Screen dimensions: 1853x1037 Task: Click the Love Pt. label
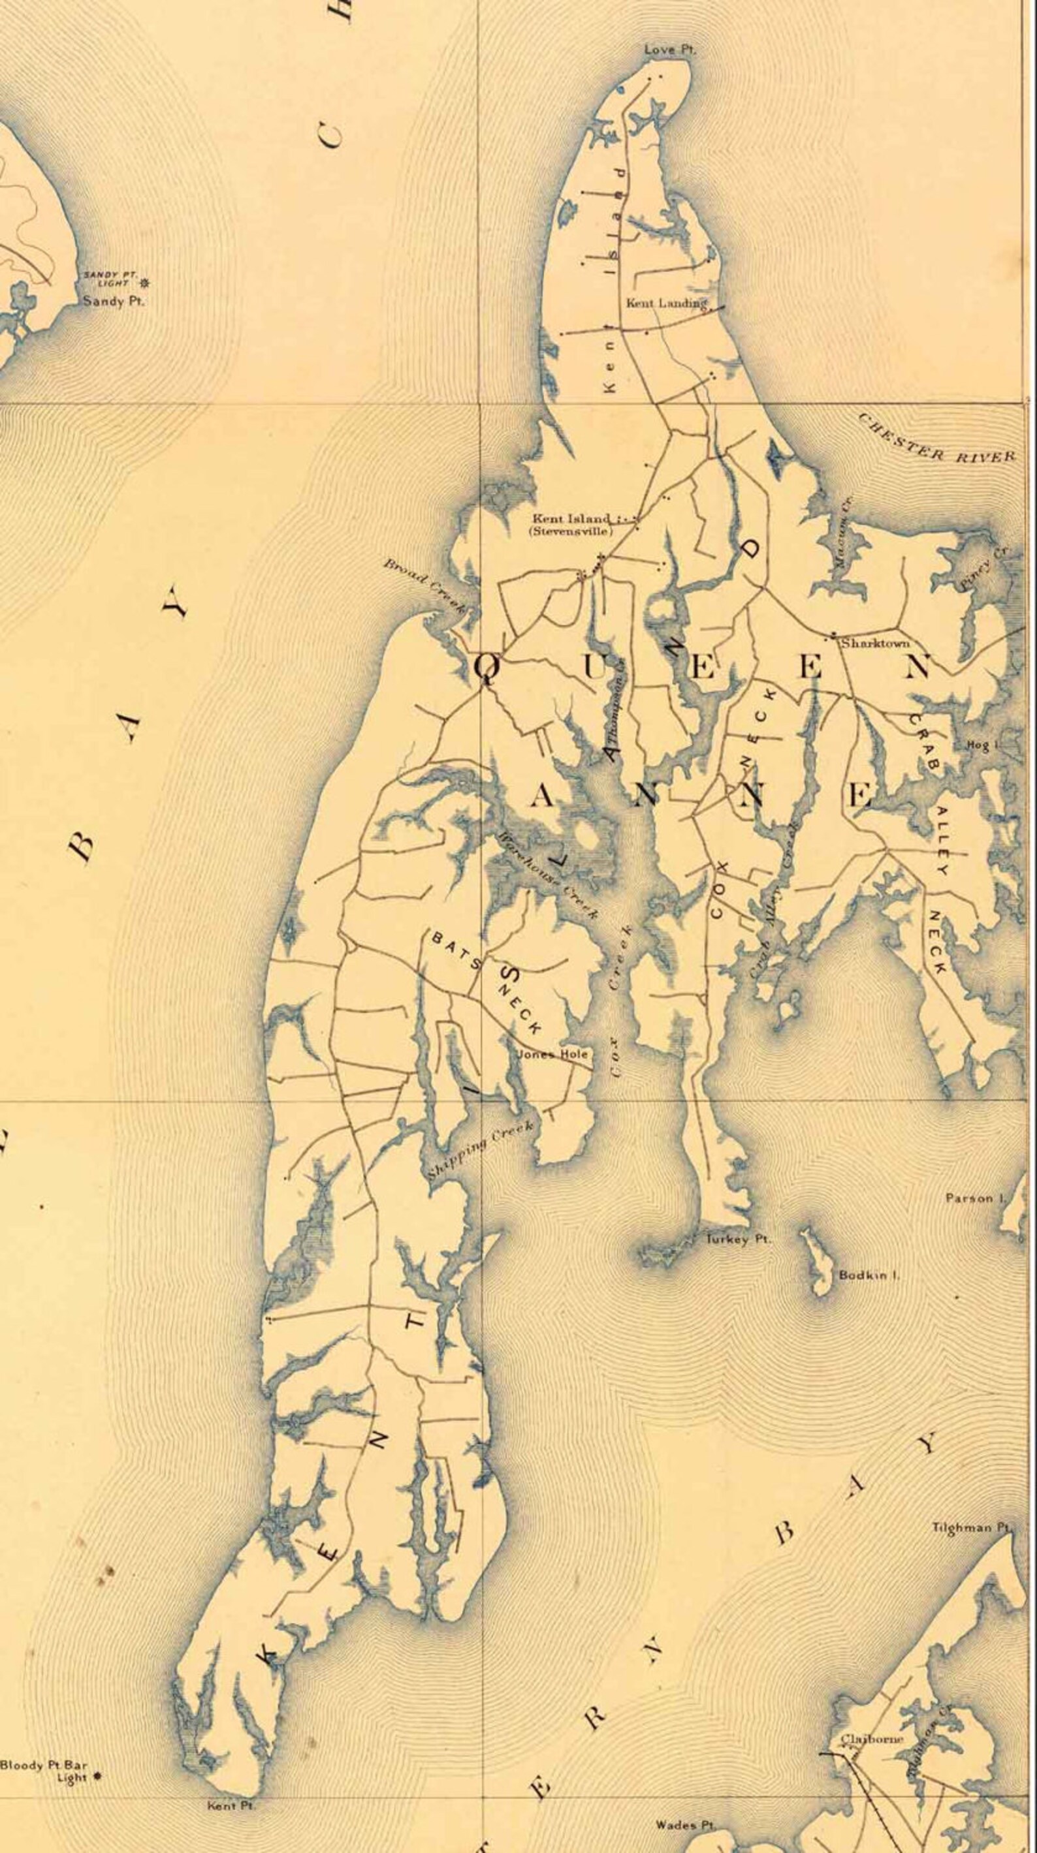click(x=670, y=50)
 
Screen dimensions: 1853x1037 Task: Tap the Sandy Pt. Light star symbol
click(x=146, y=283)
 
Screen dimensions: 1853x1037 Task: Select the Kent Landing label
click(x=666, y=304)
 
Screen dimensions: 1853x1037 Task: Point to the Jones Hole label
click(x=552, y=1055)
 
